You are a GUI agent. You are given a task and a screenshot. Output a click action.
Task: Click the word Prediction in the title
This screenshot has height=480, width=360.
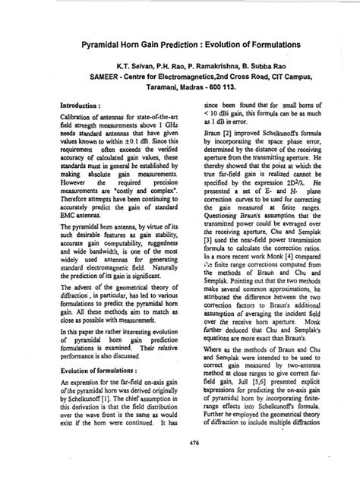166,47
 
